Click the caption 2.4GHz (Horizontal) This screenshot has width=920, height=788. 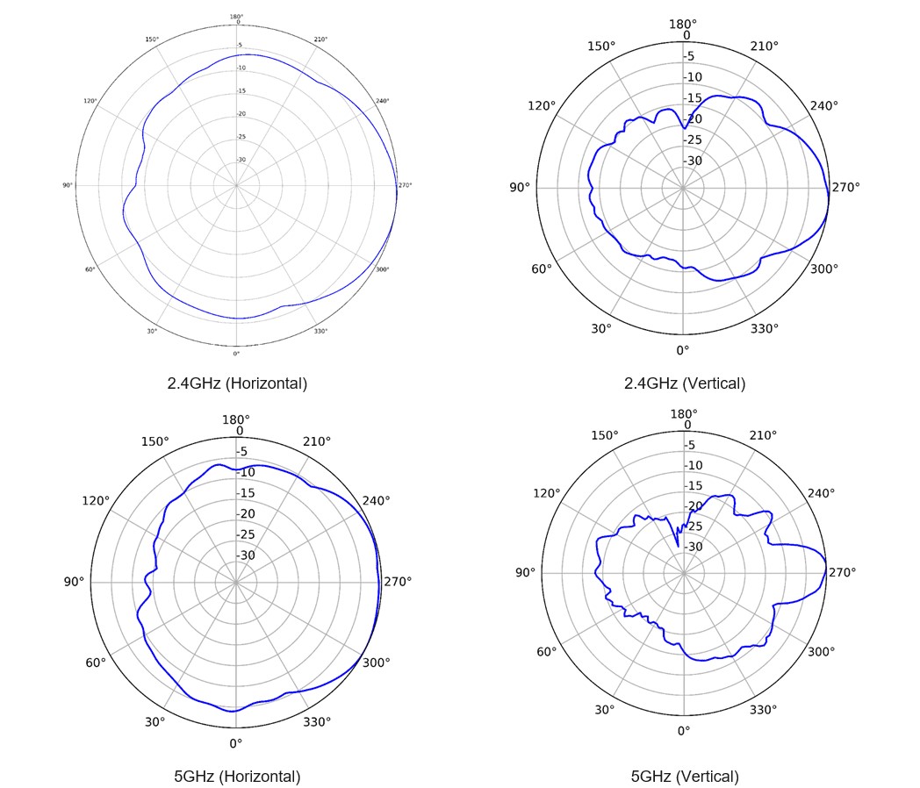coord(237,383)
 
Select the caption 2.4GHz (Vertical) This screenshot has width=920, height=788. coord(684,383)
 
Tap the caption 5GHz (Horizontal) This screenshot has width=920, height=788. coord(237,776)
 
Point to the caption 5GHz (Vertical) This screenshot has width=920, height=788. coord(684,776)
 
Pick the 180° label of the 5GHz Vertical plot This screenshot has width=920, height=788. coord(684,414)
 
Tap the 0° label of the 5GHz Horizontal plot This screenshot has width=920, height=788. coord(235,744)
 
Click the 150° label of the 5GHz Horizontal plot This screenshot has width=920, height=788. coord(155,441)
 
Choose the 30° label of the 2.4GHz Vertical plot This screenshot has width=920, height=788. coord(600,328)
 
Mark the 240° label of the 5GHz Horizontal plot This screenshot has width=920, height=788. coord(377,501)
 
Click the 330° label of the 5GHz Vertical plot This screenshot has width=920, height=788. coord(765,709)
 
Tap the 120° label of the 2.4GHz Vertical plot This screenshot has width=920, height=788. coord(542,106)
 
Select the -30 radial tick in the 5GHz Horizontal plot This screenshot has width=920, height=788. coord(247,555)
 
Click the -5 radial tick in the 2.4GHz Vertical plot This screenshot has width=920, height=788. coord(689,56)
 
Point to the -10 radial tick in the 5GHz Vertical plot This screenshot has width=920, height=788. coord(694,465)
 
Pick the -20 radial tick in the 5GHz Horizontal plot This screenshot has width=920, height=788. coord(247,513)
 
